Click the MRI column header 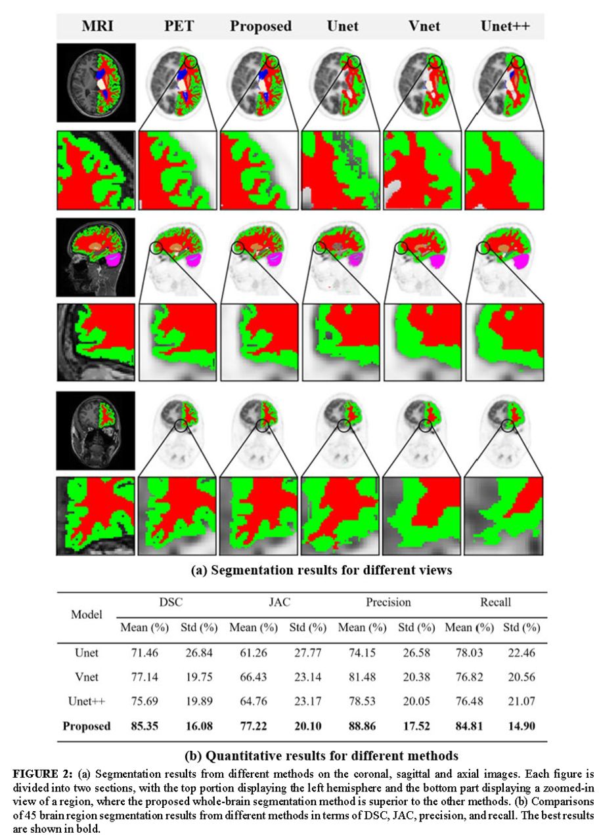97,26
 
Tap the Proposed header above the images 261,26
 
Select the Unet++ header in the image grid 505,26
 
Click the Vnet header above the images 424,26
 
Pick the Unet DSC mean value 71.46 144,653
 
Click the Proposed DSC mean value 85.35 144,726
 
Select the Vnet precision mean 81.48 362,677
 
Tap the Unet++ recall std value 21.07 521,701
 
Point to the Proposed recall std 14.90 521,726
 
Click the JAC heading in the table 280,602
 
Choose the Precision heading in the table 388,602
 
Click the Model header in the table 86,614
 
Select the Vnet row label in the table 86,677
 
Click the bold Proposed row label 86,726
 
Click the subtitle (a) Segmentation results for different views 322,570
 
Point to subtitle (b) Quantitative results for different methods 322,755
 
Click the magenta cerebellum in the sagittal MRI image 114,259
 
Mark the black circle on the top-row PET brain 190,62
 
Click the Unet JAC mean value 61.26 254,653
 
